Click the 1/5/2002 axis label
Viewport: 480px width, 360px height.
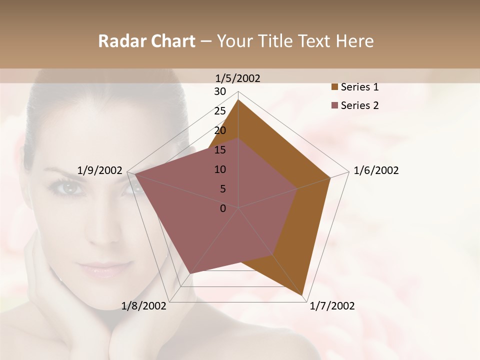tap(238, 78)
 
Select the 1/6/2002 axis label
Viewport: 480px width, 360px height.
tap(376, 170)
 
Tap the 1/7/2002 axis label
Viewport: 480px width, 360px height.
tap(332, 306)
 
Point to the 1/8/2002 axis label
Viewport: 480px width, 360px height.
tap(144, 306)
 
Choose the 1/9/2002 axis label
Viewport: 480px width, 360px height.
tap(100, 170)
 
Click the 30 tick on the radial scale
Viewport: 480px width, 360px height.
tap(220, 91)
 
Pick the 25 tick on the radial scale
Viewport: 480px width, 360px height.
tap(220, 111)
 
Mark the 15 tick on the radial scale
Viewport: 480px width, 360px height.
tap(220, 150)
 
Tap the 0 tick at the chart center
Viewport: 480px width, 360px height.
tap(223, 208)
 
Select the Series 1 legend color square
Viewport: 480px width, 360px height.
tap(334, 87)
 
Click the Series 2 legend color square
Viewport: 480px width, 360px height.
tap(334, 105)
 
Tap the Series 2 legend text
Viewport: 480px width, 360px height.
tap(359, 105)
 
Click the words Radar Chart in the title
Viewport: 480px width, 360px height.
tap(146, 41)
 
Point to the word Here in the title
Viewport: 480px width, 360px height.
tap(354, 41)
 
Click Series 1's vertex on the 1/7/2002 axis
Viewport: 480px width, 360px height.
tap(302, 295)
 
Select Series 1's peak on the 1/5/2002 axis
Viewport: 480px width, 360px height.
tap(238, 100)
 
